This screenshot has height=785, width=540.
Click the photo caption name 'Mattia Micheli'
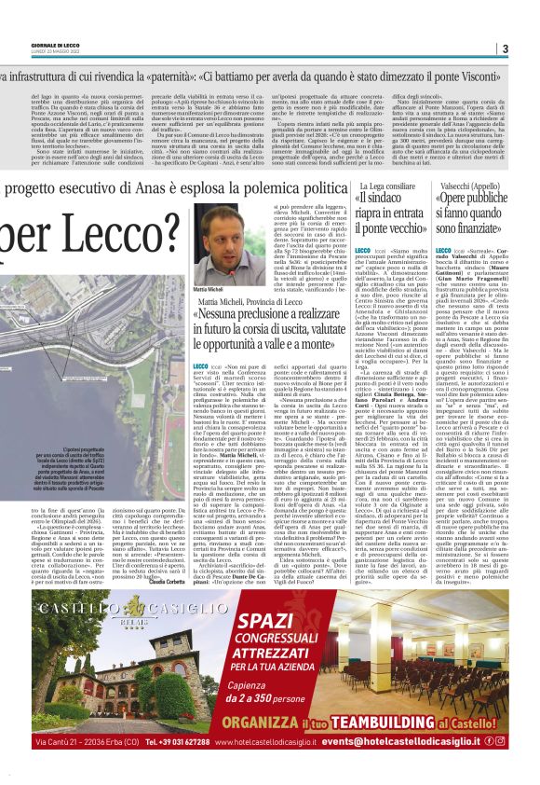(x=209, y=290)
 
